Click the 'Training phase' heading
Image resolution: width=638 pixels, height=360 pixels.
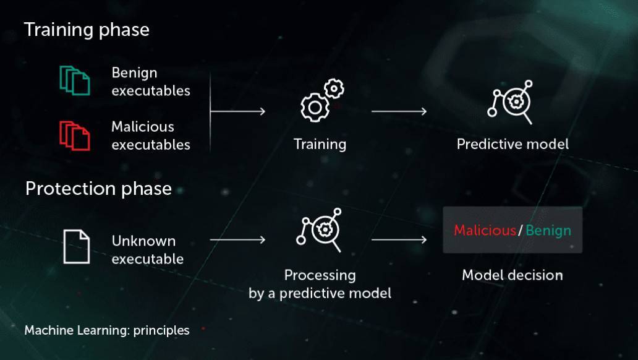coord(87,30)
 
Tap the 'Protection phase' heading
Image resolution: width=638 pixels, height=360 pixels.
coord(98,189)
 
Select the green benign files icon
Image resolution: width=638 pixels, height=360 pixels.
coord(75,80)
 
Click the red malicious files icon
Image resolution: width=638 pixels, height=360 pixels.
coord(75,135)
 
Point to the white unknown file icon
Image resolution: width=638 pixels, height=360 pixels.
coord(77,247)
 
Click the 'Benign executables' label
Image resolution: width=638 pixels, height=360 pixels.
coord(151,82)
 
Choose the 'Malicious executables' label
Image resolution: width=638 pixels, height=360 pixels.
coord(151,135)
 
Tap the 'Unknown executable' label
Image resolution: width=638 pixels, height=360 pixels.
coord(148,250)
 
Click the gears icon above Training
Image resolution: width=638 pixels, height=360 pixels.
coord(322,100)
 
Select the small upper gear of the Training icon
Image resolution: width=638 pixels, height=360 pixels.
coord(334,88)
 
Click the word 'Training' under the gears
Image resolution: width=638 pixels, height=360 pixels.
coord(320,145)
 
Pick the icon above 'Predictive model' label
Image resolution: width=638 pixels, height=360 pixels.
coord(510,102)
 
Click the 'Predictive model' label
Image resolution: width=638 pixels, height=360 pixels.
coord(513,144)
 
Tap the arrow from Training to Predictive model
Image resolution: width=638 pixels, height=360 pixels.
coord(399,111)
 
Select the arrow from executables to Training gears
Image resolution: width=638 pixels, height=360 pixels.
coord(237,111)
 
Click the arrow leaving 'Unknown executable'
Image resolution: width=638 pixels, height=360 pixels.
coord(237,240)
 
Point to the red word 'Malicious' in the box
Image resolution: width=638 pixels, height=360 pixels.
coord(485,231)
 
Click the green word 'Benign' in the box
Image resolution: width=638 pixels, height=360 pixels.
coord(548,231)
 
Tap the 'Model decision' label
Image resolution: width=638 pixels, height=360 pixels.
coord(513,275)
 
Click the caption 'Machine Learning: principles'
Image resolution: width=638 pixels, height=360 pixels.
coord(107,330)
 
